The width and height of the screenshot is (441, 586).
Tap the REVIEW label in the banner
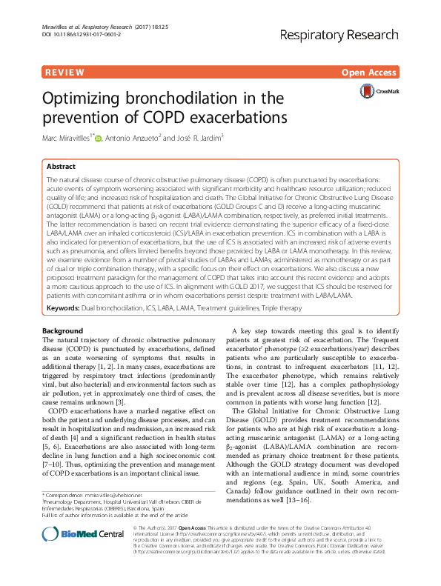(62, 73)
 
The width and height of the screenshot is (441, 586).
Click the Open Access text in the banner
(371, 73)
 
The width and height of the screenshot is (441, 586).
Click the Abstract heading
(61, 167)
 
